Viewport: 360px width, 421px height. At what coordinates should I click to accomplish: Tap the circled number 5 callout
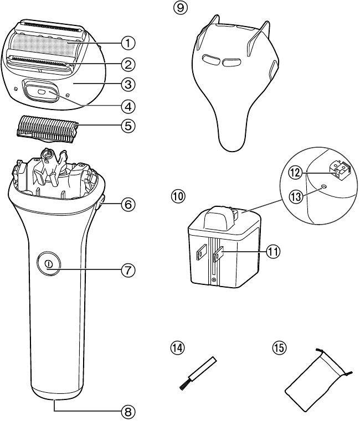coord(128,125)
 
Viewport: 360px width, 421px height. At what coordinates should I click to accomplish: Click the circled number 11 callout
coord(272,252)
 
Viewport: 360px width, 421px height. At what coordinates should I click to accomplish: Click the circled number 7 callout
coord(128,270)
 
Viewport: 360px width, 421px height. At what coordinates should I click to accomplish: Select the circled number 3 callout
coord(128,84)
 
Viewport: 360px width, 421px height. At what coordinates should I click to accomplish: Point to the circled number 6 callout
coord(128,204)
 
